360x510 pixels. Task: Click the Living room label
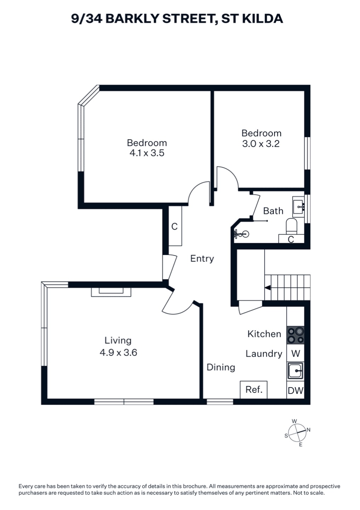click(118, 340)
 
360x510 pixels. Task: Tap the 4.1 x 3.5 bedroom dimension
click(147, 153)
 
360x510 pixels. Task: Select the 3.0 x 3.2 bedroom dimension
click(261, 144)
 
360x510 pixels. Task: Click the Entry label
click(202, 259)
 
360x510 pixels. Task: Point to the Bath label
click(273, 211)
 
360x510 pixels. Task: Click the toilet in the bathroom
click(291, 226)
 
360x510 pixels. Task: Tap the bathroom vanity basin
click(298, 207)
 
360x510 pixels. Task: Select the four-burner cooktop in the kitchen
click(295, 335)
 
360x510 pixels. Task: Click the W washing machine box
click(295, 353)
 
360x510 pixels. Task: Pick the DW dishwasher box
click(295, 390)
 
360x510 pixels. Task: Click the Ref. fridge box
click(254, 390)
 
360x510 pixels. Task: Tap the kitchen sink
click(295, 371)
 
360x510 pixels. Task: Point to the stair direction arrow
click(268, 288)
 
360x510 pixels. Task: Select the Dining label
click(221, 368)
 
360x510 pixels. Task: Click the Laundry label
click(264, 354)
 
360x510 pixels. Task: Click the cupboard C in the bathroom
click(291, 239)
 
